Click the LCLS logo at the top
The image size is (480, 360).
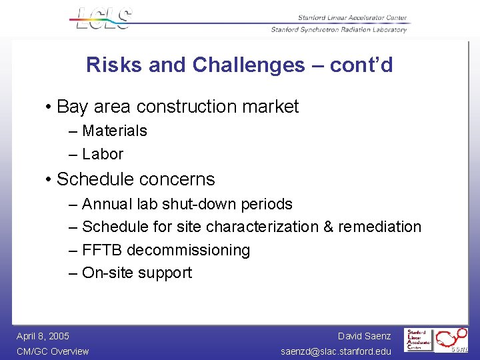[x=104, y=18]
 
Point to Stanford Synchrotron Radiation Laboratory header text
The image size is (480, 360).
[x=339, y=30]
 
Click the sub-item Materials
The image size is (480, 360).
[x=114, y=131]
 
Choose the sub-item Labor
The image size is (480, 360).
[x=103, y=154]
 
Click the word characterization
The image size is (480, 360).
[x=263, y=227]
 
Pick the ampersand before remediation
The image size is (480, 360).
[x=328, y=227]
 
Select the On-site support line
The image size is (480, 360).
[x=137, y=273]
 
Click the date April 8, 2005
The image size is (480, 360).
[x=43, y=336]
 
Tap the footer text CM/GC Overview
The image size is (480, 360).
[x=53, y=351]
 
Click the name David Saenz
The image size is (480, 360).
[x=364, y=336]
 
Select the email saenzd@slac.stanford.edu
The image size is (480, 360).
[x=336, y=351]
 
